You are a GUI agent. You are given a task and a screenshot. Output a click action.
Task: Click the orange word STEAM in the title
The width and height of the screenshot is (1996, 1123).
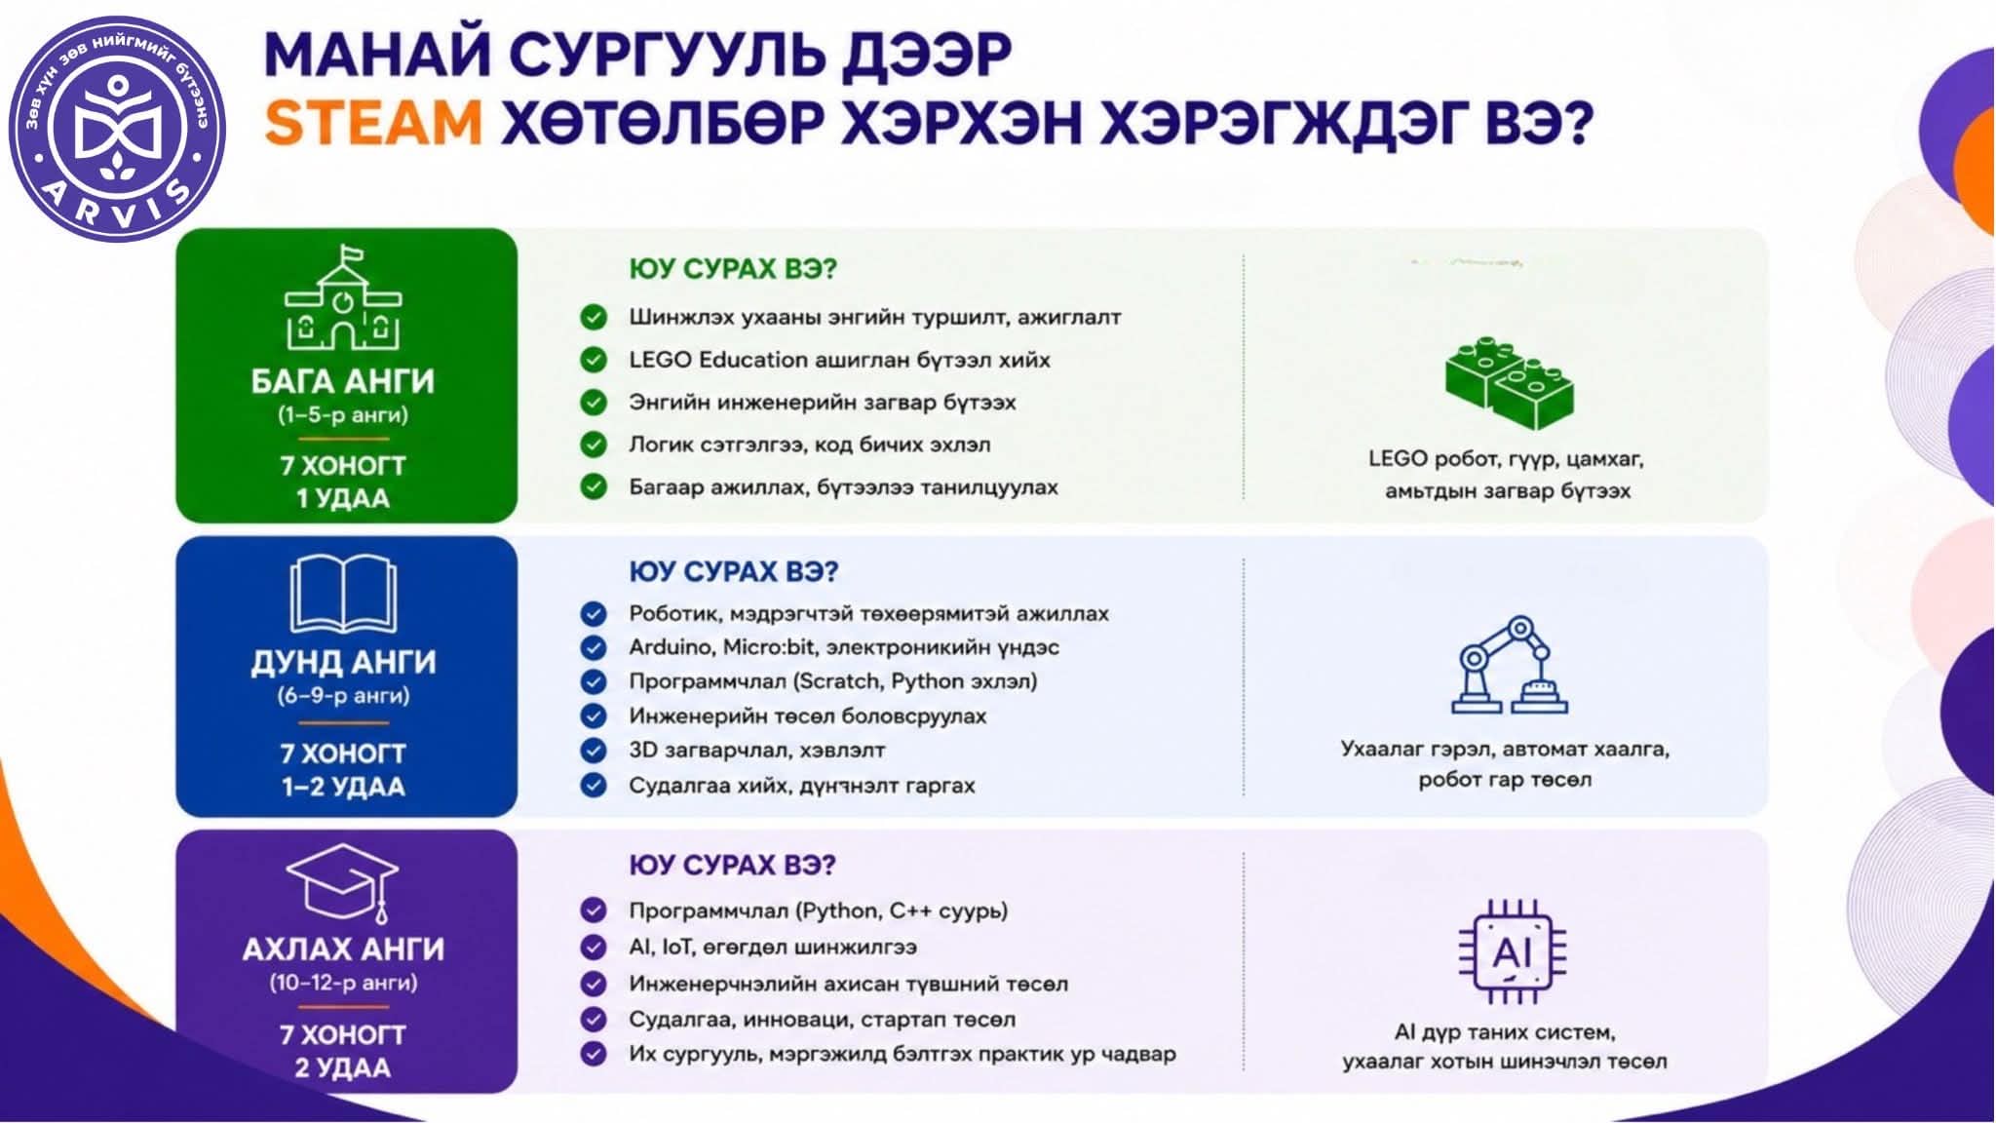[x=373, y=125]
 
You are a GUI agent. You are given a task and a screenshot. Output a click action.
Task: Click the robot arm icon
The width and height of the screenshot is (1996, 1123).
[x=1509, y=665]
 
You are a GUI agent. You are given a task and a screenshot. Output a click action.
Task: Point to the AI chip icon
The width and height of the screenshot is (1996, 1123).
[x=1512, y=951]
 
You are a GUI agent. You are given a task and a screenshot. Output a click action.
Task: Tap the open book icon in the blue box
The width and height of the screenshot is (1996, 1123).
[x=343, y=594]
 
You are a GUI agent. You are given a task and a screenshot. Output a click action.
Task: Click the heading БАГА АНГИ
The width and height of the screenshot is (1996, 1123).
[x=343, y=381]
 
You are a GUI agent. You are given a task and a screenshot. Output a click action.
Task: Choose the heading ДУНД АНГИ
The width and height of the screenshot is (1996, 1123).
[x=343, y=662]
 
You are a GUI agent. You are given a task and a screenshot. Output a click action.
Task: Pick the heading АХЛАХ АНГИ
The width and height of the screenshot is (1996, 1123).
[x=343, y=949]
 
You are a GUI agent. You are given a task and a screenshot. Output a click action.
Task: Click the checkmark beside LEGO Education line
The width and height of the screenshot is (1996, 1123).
[x=594, y=360]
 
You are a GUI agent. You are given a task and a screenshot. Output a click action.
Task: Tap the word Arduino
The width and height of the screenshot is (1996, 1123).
[x=672, y=647]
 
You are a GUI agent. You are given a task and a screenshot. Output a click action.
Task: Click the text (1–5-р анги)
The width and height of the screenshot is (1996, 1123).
[x=343, y=415]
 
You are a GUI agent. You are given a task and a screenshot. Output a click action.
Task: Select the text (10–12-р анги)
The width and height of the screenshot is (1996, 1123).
[x=343, y=983]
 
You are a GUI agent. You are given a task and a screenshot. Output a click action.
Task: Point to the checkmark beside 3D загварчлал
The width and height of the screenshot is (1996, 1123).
[x=594, y=751]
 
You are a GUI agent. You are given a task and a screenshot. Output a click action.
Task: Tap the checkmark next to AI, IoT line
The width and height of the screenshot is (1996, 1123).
[x=594, y=947]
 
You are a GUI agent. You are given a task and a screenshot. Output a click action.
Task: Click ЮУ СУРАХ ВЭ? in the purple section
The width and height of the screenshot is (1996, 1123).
[x=733, y=866]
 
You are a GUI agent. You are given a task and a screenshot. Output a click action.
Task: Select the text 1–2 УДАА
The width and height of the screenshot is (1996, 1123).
[x=343, y=787]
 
